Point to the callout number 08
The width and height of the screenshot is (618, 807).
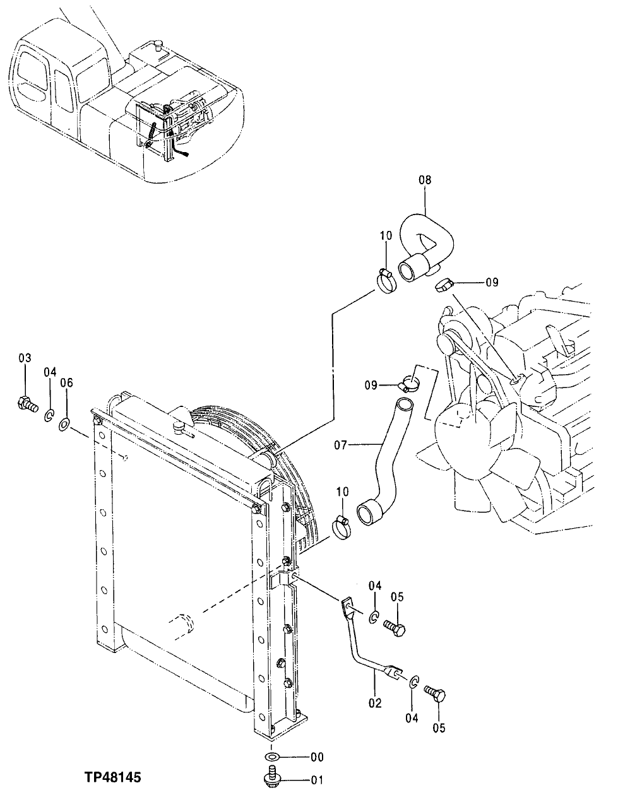(x=425, y=180)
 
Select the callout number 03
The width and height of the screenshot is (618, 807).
(x=25, y=358)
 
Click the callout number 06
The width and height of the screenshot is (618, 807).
(x=67, y=382)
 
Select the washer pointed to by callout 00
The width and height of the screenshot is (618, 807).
(x=271, y=757)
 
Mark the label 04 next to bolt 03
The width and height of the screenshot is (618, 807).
(x=50, y=372)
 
